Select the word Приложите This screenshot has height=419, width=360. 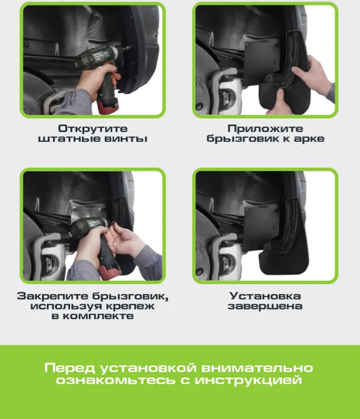265,128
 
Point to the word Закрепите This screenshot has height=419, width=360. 47,295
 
